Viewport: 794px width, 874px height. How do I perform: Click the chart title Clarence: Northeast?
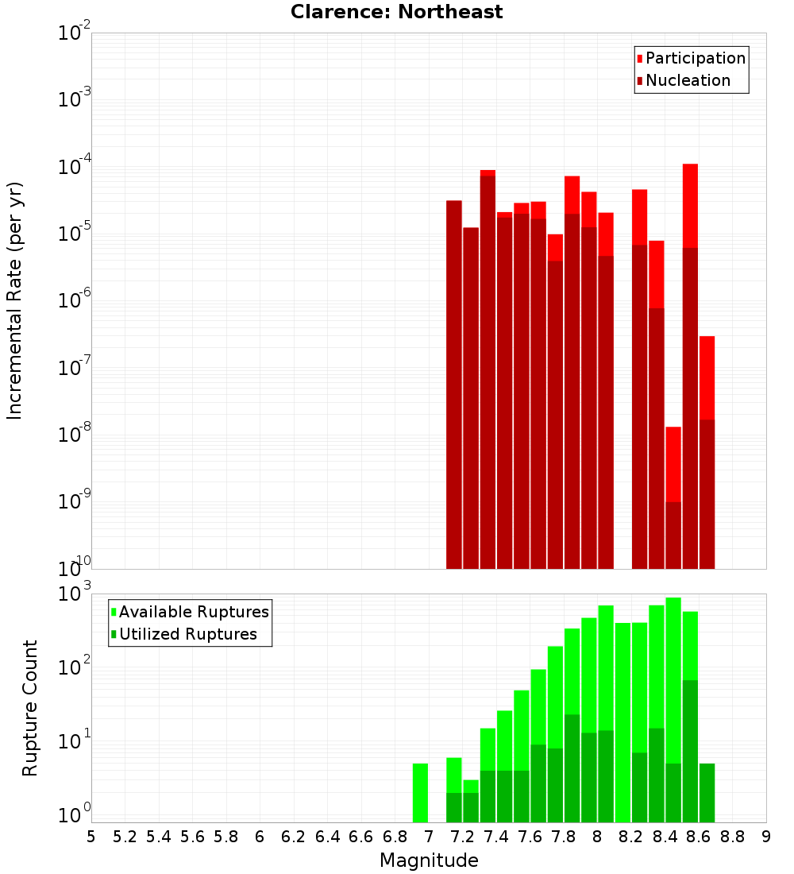[396, 12]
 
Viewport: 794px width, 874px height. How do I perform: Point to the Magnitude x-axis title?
[429, 860]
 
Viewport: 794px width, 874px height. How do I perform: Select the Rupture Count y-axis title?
[30, 707]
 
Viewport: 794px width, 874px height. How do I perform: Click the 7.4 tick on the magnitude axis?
[496, 837]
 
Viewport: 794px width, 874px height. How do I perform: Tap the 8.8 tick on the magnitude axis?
[732, 837]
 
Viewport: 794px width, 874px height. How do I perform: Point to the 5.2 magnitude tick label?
[125, 837]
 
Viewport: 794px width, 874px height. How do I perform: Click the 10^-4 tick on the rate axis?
[75, 167]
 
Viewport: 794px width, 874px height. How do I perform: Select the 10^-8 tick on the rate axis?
[75, 435]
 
